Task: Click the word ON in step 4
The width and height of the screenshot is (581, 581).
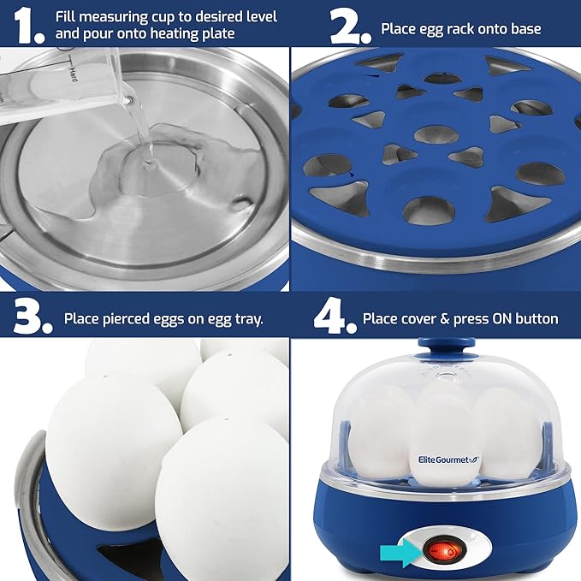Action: [x=504, y=319]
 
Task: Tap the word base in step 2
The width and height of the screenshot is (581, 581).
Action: [x=524, y=29]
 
